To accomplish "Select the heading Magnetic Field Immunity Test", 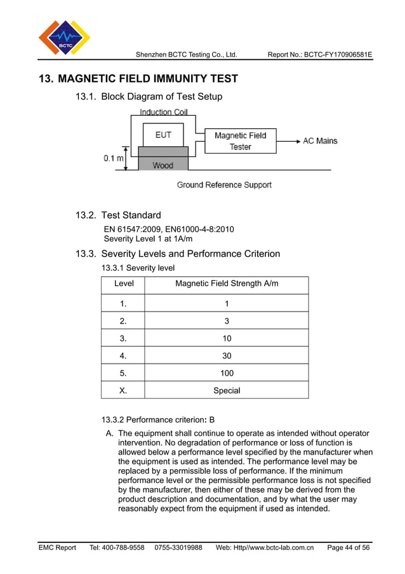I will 138,79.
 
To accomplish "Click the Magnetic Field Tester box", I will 240,141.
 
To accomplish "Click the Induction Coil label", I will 163,112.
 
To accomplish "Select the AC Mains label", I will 320,140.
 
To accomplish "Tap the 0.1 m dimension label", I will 114,158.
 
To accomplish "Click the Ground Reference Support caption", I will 223,185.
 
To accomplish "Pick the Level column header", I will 123,284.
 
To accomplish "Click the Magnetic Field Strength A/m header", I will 227,284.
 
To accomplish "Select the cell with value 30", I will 227,356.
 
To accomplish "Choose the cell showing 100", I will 227,373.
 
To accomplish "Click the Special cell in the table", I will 227,390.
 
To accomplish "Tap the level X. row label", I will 123,390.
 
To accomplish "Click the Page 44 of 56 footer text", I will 348,547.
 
